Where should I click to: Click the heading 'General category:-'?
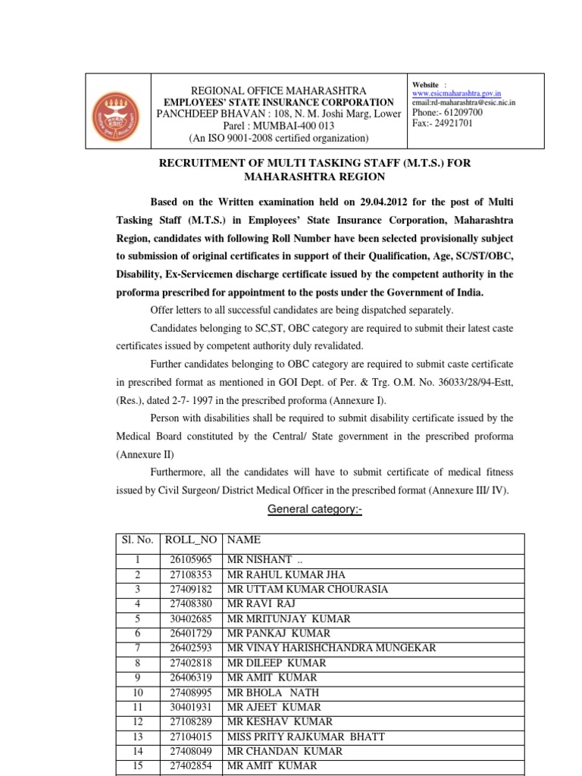(315, 510)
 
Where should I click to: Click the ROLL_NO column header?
(189, 540)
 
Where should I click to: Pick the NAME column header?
(243, 540)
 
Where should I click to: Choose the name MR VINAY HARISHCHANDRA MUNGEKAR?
(331, 648)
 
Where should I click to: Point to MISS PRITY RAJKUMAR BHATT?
(305, 737)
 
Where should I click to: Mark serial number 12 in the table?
(137, 721)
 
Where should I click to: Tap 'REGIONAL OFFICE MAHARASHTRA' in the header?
(279, 91)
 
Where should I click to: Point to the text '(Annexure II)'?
(145, 455)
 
